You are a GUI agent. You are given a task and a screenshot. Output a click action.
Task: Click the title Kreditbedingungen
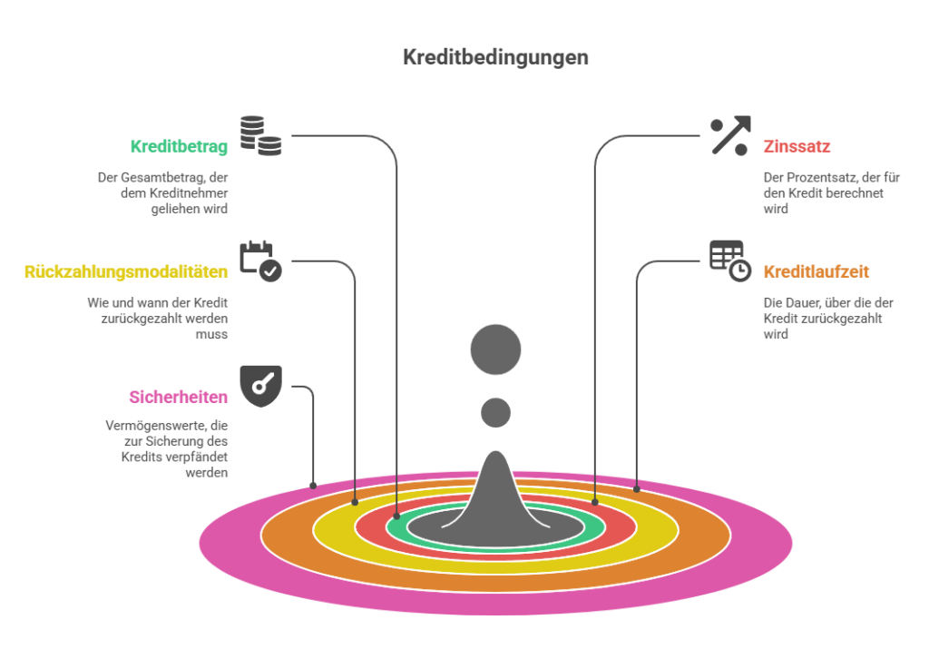click(x=495, y=57)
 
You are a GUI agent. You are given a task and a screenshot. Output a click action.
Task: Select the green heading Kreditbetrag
click(x=179, y=146)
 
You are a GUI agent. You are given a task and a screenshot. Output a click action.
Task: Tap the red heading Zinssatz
click(x=797, y=146)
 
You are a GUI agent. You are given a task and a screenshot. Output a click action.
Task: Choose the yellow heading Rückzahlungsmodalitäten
click(x=126, y=272)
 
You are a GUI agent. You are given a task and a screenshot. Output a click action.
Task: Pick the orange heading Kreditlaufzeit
click(x=816, y=272)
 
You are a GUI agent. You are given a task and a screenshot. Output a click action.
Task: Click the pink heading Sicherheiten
click(x=179, y=397)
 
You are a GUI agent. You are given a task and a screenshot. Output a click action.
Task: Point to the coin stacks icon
click(x=260, y=136)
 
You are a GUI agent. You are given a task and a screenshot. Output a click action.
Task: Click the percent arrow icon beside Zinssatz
click(x=730, y=136)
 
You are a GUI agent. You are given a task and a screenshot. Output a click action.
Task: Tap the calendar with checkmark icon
click(x=260, y=261)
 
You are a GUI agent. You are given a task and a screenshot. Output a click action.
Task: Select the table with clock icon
click(x=730, y=261)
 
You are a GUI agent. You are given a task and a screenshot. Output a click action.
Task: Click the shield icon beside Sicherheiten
click(x=260, y=387)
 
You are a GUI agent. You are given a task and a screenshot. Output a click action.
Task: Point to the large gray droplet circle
click(x=496, y=349)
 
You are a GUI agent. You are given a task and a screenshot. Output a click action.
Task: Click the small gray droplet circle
click(x=496, y=412)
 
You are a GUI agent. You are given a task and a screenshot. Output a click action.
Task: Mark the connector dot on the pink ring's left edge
click(x=313, y=486)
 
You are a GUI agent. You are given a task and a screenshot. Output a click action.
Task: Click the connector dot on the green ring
click(x=397, y=516)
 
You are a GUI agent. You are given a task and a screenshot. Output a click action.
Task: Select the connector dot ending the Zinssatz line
click(x=595, y=503)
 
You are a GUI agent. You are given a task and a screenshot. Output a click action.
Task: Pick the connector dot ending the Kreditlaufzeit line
click(x=637, y=489)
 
